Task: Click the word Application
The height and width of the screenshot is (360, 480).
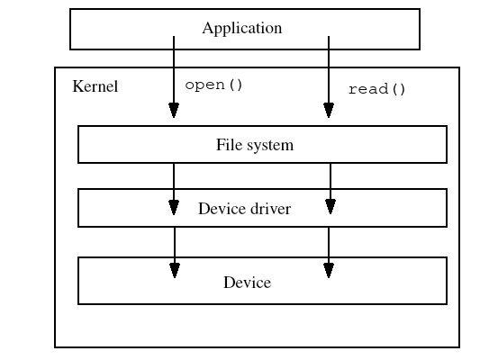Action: (242, 29)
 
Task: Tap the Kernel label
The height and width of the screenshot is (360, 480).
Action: (95, 86)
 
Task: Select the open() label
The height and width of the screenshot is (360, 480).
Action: (213, 85)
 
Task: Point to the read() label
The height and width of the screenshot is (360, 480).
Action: (376, 89)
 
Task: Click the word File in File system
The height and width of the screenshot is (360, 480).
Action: (228, 144)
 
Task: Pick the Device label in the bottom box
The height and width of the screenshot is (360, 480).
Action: (247, 283)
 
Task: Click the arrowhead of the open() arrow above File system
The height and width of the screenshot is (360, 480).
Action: (174, 111)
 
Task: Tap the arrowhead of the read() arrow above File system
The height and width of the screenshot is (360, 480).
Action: (329, 111)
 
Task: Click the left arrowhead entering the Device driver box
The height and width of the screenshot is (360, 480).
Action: (174, 207)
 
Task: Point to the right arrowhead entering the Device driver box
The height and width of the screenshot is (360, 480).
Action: (331, 207)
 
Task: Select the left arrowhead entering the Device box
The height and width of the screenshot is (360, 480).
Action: (175, 270)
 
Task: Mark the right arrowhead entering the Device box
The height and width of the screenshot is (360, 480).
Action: (329, 270)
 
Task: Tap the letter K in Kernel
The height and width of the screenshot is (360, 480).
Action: (77, 86)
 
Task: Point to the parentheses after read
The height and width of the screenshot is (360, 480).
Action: (399, 89)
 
